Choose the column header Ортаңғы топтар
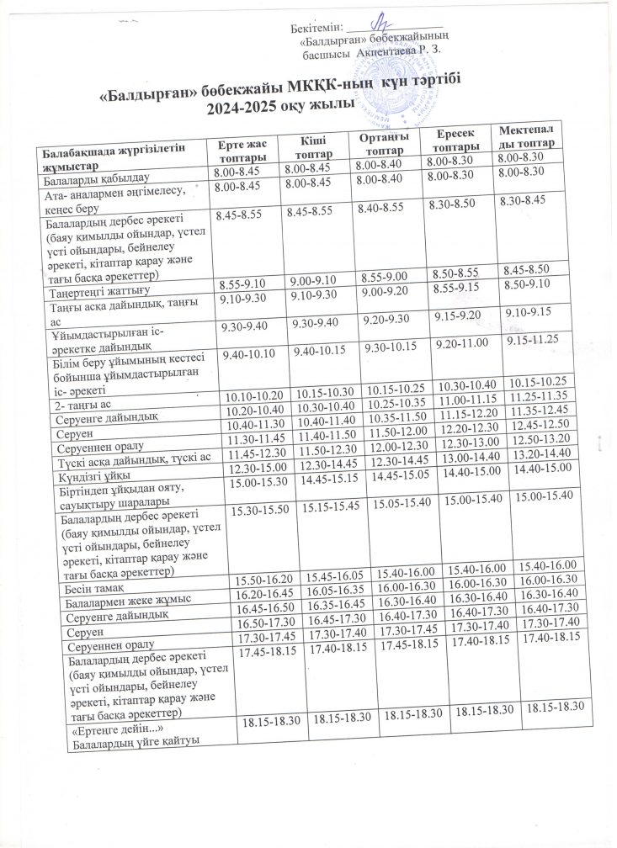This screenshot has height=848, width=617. pos(382,142)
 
